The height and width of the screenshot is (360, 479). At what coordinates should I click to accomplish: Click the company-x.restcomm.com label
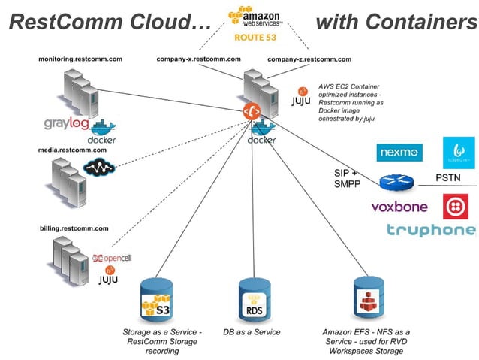pyautogui.click(x=198, y=59)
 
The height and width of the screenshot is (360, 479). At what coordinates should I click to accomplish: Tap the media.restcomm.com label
pyautogui.click(x=74, y=150)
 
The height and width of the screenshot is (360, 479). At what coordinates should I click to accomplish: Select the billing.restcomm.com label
pyautogui.click(x=74, y=227)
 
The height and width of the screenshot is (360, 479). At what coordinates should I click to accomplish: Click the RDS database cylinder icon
pyautogui.click(x=254, y=299)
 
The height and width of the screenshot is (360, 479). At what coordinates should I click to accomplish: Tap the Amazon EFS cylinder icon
pyautogui.click(x=369, y=299)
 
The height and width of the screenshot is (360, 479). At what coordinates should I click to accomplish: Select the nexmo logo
pyautogui.click(x=399, y=153)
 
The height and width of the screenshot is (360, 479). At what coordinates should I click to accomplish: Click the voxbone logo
pyautogui.click(x=399, y=207)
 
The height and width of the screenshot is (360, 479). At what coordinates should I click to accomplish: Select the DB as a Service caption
pyautogui.click(x=252, y=332)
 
